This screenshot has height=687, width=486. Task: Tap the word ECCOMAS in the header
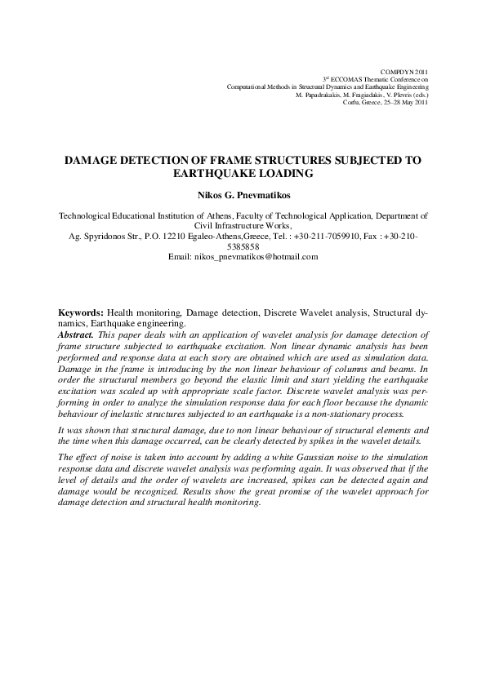(x=349, y=79)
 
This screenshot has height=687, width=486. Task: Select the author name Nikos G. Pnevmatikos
(x=243, y=196)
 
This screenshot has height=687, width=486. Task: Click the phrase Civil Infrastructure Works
(x=243, y=226)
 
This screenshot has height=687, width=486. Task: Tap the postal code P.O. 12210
(x=177, y=236)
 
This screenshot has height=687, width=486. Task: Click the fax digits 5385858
(x=243, y=246)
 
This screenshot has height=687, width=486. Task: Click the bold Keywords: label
(x=81, y=312)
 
